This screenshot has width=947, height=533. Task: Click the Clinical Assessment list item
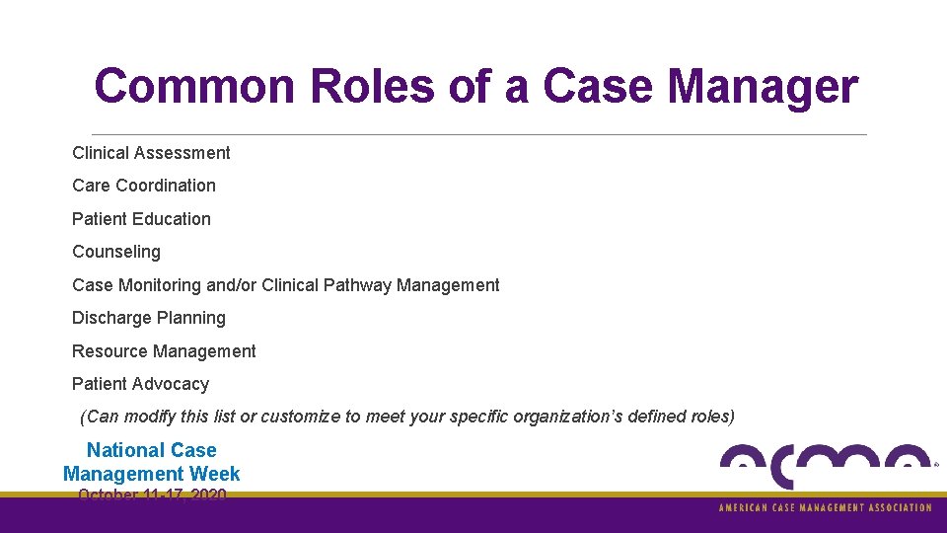point(151,153)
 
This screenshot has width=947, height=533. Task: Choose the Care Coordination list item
point(144,186)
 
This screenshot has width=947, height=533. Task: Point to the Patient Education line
point(141,219)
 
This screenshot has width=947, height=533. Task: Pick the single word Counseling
point(116,252)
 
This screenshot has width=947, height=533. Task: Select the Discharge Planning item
point(149,318)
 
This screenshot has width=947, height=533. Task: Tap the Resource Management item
point(164,351)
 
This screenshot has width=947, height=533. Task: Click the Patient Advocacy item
point(140,384)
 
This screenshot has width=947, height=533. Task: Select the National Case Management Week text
point(151,462)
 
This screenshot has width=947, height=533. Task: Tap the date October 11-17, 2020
point(152,495)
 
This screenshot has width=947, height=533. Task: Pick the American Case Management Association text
point(825,507)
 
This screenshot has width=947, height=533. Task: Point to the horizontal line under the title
point(479,134)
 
